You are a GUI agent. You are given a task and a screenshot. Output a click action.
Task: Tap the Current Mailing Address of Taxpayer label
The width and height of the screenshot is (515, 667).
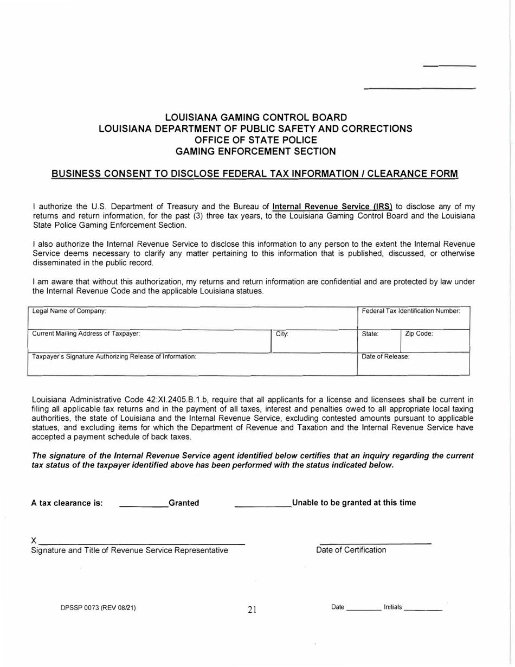[86, 334]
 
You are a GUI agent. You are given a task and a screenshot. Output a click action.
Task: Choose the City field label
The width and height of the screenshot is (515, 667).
[282, 335]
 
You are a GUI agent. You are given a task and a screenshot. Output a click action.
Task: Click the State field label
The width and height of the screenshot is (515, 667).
[370, 335]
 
